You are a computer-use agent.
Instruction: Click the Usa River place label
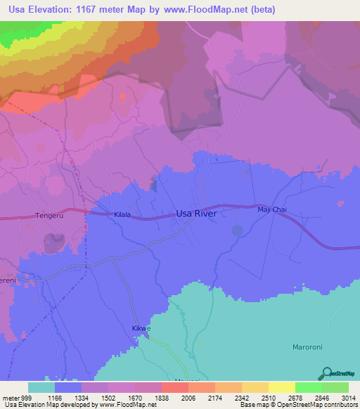click(196, 213)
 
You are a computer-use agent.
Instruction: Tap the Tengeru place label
click(49, 217)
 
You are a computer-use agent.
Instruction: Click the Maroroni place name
click(307, 347)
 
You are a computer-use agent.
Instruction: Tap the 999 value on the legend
click(26, 397)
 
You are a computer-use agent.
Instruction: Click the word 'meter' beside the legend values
click(10, 397)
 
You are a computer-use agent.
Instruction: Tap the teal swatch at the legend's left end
click(41, 387)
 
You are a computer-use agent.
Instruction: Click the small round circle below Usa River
click(238, 230)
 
